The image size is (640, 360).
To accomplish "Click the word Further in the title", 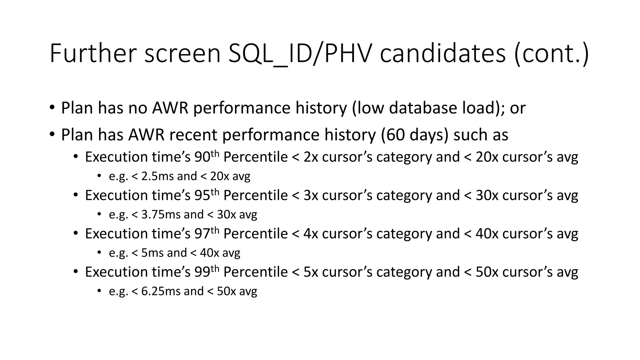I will point(93,53).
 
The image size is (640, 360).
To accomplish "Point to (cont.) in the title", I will point(551,53).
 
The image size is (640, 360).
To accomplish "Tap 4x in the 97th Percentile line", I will point(311,234).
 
